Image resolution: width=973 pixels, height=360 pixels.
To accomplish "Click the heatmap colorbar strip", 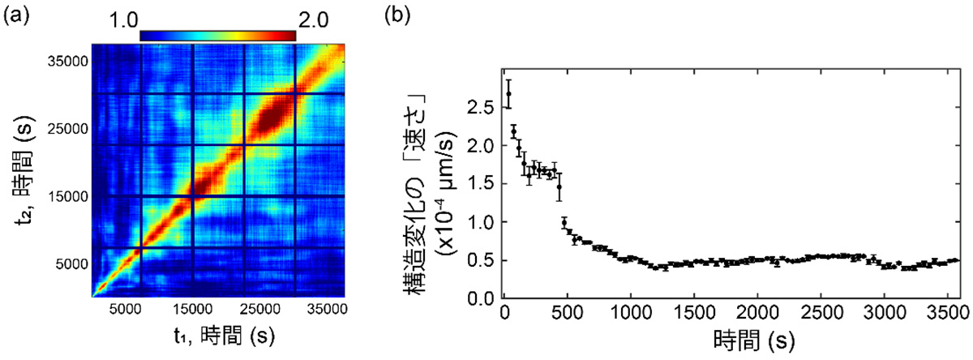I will tap(218, 35).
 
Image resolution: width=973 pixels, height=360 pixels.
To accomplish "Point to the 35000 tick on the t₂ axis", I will tap(66, 62).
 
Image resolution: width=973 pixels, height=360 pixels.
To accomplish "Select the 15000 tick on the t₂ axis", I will tap(66, 196).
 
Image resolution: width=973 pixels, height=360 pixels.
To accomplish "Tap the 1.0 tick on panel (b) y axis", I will tap(484, 221).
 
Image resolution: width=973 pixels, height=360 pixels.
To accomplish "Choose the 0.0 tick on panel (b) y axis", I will tap(484, 298).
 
